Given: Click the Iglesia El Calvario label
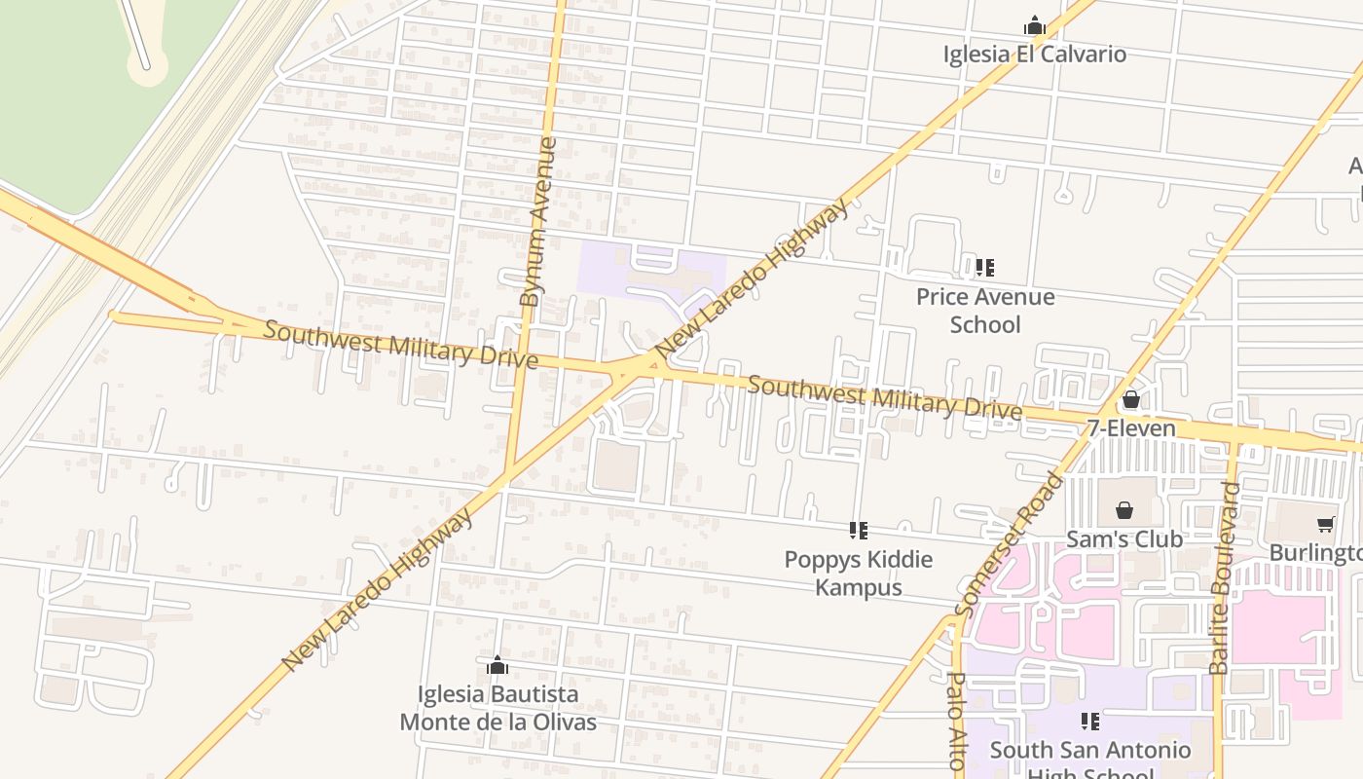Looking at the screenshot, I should coord(1034,55).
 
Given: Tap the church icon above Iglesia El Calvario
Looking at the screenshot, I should coord(1034,26).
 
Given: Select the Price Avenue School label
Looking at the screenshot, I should coord(985,310).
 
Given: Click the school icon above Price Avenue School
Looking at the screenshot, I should coord(984,267).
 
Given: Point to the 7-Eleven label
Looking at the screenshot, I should coord(1131,428).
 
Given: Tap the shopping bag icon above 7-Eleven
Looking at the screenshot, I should coord(1130,399).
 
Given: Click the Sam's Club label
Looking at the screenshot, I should coord(1124,538).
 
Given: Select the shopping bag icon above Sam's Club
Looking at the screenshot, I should coord(1124,510).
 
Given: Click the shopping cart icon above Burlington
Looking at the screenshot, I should coord(1325,525).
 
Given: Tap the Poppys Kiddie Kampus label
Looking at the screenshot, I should coord(859,573).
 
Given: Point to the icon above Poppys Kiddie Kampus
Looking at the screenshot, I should coord(858,531).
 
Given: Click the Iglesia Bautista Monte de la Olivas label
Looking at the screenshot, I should coord(498,708).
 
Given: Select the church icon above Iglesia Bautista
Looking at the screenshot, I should coord(497,666).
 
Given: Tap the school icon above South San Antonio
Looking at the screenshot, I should coord(1089,722).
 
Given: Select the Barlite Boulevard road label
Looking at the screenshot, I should coord(1225,577).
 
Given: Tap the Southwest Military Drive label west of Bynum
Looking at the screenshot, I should coord(400,345).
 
